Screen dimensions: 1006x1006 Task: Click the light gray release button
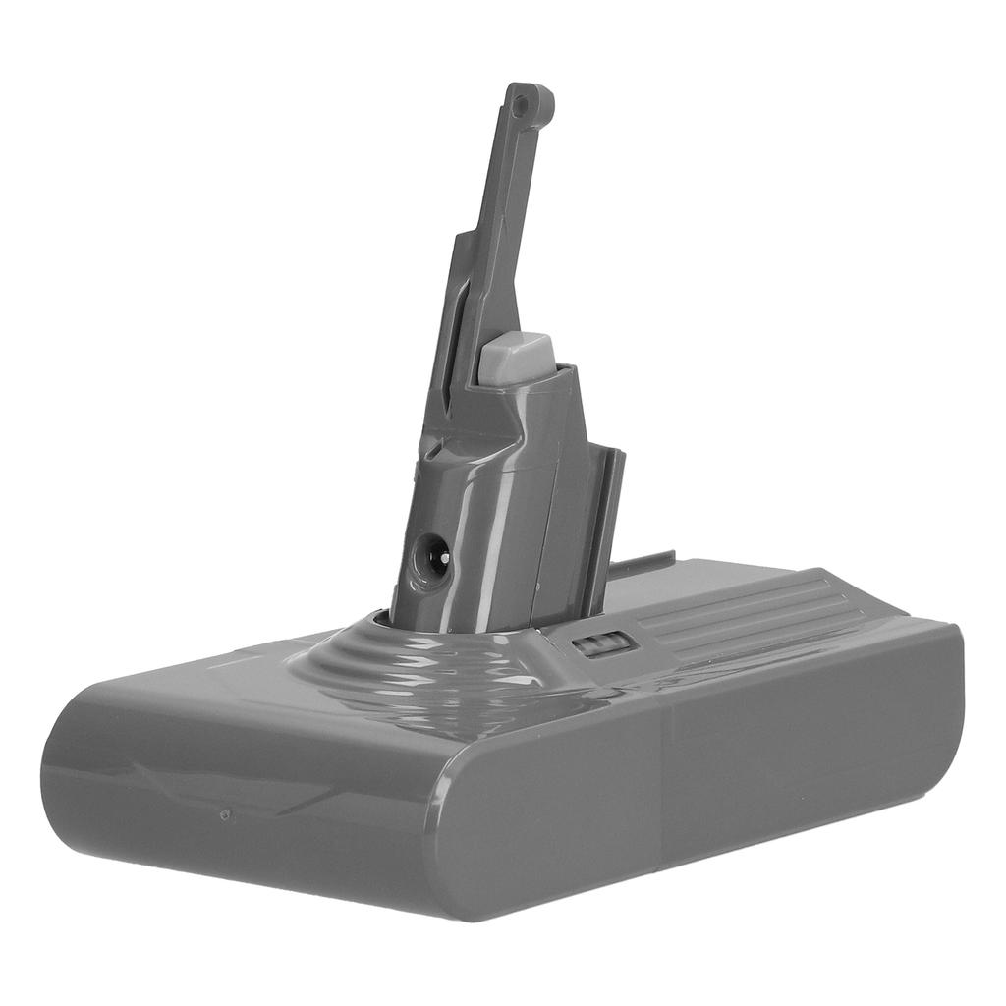pos(517,359)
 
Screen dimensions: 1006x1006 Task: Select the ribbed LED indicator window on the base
pos(600,646)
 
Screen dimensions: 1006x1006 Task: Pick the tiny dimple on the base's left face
pos(225,814)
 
